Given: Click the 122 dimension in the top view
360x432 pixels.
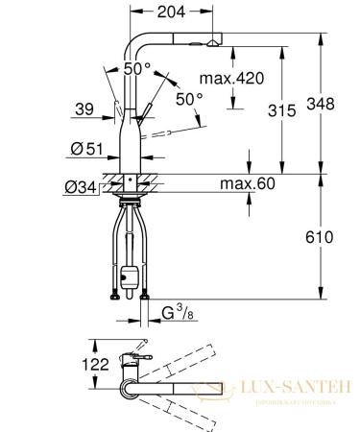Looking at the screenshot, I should (69, 364).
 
